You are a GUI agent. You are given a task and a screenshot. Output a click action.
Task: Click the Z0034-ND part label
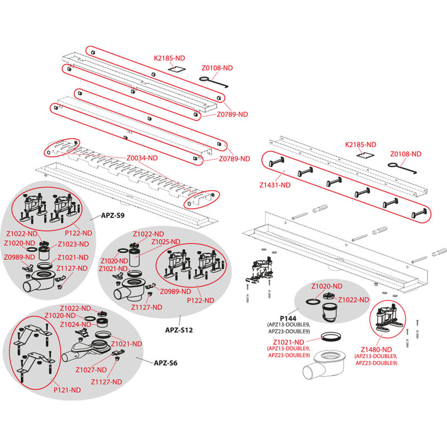point(141,158)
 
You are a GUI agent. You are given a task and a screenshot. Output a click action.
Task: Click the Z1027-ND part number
point(91,369)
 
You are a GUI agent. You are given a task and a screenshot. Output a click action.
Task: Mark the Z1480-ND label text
point(375,350)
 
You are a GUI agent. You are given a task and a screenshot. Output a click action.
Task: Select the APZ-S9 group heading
point(112,215)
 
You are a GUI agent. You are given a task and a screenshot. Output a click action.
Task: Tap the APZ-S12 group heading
point(179,330)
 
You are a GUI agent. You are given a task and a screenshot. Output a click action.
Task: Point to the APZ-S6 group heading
point(166,362)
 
